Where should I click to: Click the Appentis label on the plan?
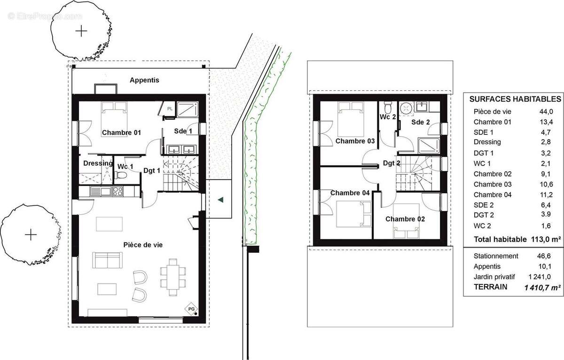144,80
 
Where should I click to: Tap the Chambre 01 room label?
121,133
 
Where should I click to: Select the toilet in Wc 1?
121,175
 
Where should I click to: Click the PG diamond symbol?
191,309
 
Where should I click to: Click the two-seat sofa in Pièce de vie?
107,260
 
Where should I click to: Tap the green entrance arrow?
220,200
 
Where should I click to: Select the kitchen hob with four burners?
117,192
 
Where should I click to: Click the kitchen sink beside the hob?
101,192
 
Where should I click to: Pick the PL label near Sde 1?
170,109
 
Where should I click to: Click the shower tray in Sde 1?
188,110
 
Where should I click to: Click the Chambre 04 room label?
350,193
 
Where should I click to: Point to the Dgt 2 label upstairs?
392,163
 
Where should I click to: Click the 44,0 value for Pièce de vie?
546,112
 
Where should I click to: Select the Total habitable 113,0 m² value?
546,239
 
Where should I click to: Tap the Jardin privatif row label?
494,277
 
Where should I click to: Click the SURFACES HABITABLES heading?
515,99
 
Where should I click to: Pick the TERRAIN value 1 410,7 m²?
542,288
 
